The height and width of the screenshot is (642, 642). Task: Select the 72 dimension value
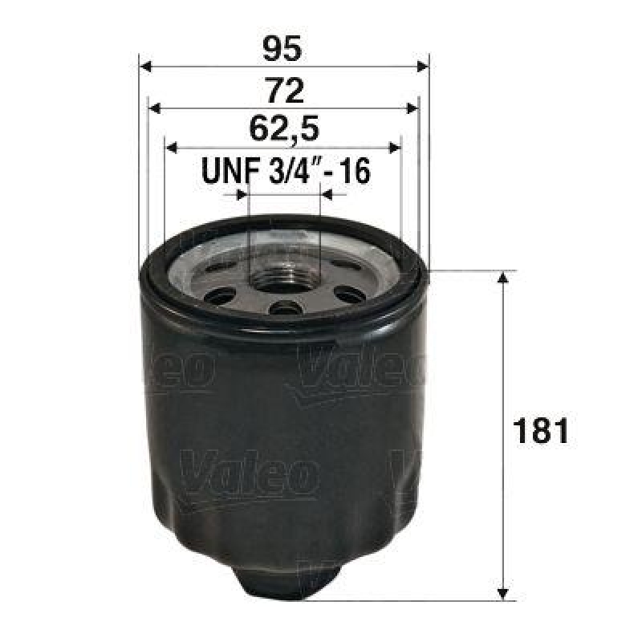[x=285, y=90]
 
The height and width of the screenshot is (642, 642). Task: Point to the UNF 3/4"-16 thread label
[x=285, y=171]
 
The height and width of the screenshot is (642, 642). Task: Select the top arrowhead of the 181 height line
[x=503, y=278]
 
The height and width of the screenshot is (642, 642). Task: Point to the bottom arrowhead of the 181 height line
[x=503, y=593]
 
